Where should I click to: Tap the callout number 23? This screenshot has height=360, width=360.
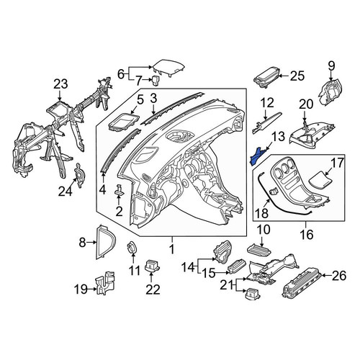point(60,84)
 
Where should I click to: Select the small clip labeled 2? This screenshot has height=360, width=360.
point(120,189)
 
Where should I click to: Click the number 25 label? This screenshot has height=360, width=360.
point(297,76)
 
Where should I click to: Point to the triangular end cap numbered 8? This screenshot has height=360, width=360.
point(106,242)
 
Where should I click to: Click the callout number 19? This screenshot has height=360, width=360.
point(81,289)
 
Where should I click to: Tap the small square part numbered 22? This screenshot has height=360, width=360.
point(152,266)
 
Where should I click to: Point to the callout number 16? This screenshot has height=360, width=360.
point(307,234)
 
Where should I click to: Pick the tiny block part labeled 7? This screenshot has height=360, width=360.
point(156,80)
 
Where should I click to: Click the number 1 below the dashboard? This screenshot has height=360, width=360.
point(172,250)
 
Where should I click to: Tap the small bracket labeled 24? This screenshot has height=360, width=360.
point(80,176)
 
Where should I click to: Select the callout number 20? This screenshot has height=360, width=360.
point(306,104)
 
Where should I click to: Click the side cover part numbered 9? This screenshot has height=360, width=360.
point(330,91)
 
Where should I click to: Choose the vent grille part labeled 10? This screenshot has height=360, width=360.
point(259,250)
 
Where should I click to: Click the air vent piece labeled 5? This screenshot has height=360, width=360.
point(124,122)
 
